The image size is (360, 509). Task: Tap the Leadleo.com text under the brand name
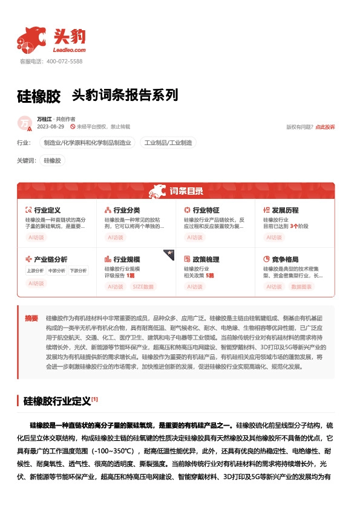70,50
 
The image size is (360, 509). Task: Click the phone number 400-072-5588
64,62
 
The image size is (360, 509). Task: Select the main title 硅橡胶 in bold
39,96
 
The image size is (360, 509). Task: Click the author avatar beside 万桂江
25,123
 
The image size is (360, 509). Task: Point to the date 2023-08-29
51,127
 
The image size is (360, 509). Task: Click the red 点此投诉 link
325,127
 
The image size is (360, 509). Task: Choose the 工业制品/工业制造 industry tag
168,143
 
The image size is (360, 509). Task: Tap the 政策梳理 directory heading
206,259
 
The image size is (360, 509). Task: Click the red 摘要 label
31,318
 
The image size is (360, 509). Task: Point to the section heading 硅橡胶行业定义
56,401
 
